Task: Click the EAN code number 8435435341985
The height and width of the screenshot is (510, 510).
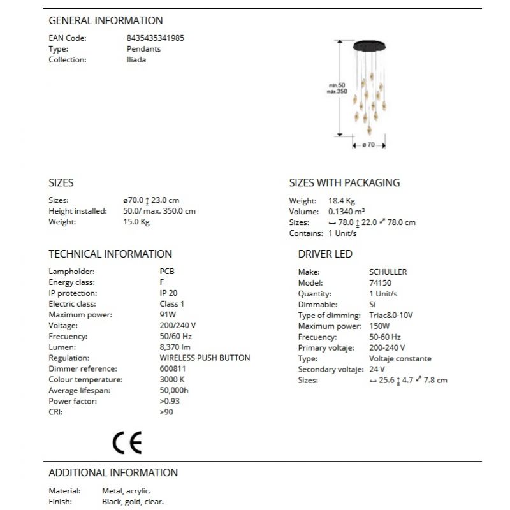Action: click(x=156, y=38)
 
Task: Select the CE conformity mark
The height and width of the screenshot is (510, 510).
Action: click(x=127, y=442)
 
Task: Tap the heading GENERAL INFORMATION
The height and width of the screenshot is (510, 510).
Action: click(x=106, y=20)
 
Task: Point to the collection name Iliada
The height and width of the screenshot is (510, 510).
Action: click(x=136, y=60)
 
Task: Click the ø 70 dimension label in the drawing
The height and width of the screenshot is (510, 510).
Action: click(x=368, y=145)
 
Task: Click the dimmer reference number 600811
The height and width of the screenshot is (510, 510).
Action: click(x=173, y=368)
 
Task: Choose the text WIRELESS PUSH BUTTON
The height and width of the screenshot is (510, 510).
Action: click(x=205, y=358)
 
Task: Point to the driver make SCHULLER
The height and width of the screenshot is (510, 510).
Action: click(x=388, y=272)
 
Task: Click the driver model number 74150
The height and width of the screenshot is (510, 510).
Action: click(x=380, y=282)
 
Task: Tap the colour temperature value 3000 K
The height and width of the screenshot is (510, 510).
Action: click(x=173, y=379)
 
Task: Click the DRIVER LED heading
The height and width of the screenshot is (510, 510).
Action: click(x=325, y=254)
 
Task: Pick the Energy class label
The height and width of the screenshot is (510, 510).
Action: click(x=71, y=282)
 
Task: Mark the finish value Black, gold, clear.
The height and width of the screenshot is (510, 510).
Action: click(x=133, y=502)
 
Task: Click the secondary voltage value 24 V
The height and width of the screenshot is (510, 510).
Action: click(x=377, y=369)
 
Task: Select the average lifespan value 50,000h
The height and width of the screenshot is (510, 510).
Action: click(x=174, y=390)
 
